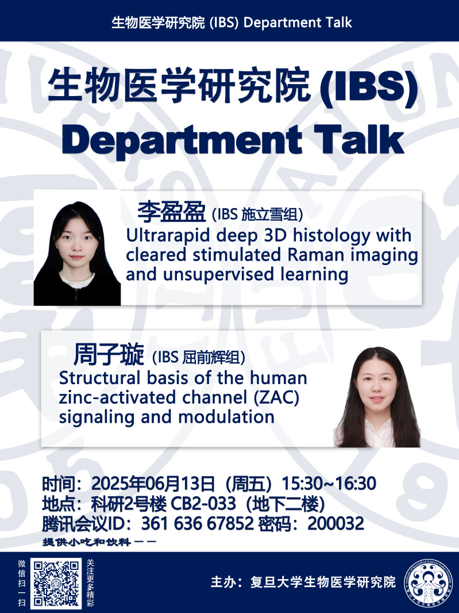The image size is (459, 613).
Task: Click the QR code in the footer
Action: click(56, 583)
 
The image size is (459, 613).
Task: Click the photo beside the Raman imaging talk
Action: click(77, 254)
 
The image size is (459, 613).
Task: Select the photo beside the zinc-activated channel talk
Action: click(377, 396)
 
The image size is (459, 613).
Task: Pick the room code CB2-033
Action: click(203, 504)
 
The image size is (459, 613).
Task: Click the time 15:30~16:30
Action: click(329, 484)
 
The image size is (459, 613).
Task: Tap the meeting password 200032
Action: click(335, 523)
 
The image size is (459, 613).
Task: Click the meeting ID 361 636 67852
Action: click(198, 523)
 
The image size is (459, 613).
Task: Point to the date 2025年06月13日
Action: click(153, 484)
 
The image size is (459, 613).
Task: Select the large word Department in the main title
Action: click(182, 140)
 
